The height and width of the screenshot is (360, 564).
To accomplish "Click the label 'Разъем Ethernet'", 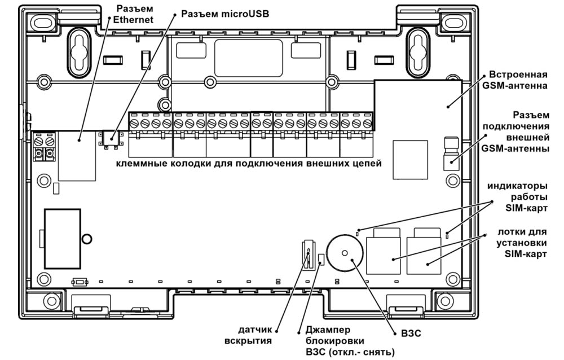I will (x=134, y=14).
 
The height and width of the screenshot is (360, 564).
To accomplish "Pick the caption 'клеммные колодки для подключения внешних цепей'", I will (x=249, y=164).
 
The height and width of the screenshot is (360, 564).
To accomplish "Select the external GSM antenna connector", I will (x=451, y=154).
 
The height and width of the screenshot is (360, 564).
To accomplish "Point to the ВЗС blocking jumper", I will (x=321, y=260).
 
